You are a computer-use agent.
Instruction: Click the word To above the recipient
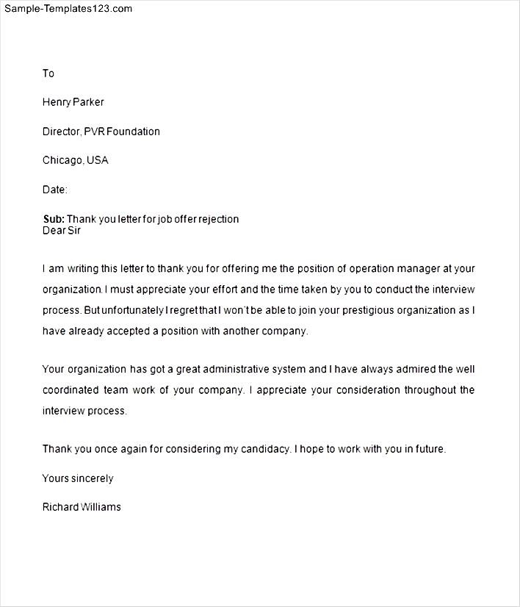click(x=48, y=73)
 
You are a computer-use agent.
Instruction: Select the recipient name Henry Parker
click(x=73, y=102)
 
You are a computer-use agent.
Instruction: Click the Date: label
click(x=55, y=190)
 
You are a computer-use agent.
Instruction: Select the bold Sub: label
click(x=54, y=219)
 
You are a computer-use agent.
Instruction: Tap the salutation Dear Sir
click(x=62, y=230)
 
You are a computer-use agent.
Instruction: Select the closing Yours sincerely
click(x=78, y=478)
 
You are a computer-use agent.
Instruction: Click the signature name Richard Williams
click(x=82, y=507)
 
